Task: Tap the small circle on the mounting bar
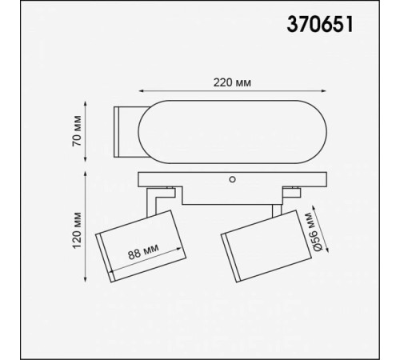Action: [232, 180]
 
